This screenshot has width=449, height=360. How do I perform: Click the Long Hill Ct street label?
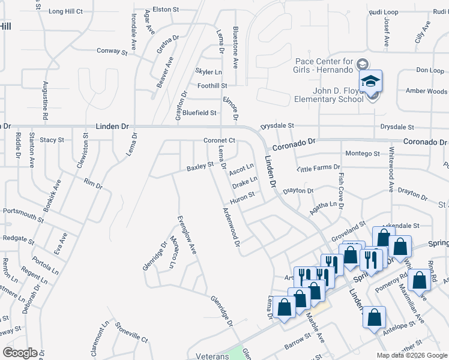click(x=65, y=11)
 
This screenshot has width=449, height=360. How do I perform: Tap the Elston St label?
click(x=166, y=10)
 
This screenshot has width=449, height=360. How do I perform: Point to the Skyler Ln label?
click(x=208, y=72)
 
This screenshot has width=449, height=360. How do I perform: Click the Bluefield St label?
click(x=199, y=113)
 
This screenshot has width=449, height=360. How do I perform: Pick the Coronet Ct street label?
click(x=218, y=140)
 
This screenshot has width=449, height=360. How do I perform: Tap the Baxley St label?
click(x=200, y=165)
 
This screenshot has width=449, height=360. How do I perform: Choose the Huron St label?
click(x=244, y=195)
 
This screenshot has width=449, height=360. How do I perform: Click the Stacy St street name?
click(x=52, y=140)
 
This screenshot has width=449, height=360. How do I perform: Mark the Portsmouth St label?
click(x=23, y=211)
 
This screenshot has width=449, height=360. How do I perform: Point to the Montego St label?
click(x=363, y=154)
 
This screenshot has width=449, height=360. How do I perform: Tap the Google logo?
click(x=19, y=353)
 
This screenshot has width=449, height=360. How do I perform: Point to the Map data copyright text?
click(x=412, y=355)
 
